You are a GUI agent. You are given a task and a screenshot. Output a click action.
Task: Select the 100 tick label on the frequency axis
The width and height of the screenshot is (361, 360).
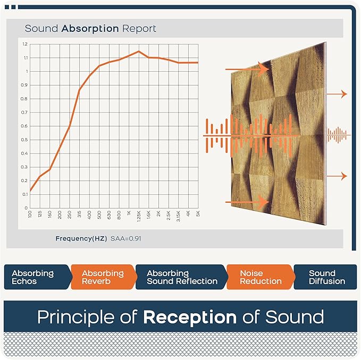30,213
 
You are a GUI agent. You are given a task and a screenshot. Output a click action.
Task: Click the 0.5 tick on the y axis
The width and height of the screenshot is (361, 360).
25,140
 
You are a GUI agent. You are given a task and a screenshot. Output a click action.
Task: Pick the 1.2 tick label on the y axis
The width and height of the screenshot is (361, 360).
25,44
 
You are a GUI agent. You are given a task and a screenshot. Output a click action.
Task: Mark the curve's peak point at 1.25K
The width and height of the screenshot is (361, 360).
139,52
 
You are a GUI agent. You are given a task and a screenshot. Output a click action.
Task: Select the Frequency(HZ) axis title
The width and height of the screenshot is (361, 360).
81,238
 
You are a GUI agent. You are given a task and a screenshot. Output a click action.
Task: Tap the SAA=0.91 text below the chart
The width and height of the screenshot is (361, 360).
125,238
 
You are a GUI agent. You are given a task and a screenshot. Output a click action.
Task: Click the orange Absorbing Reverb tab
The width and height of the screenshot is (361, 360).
103,277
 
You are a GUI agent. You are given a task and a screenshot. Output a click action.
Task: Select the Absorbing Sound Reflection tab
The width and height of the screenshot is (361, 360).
181,277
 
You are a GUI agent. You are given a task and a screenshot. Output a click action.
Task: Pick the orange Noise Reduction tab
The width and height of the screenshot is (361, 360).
259,277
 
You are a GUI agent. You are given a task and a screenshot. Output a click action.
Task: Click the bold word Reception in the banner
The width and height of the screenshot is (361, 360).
190,318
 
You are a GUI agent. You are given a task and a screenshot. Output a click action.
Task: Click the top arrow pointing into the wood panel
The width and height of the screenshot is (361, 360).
247,69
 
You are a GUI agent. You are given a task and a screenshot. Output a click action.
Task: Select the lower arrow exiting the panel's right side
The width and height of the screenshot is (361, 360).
337,176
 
